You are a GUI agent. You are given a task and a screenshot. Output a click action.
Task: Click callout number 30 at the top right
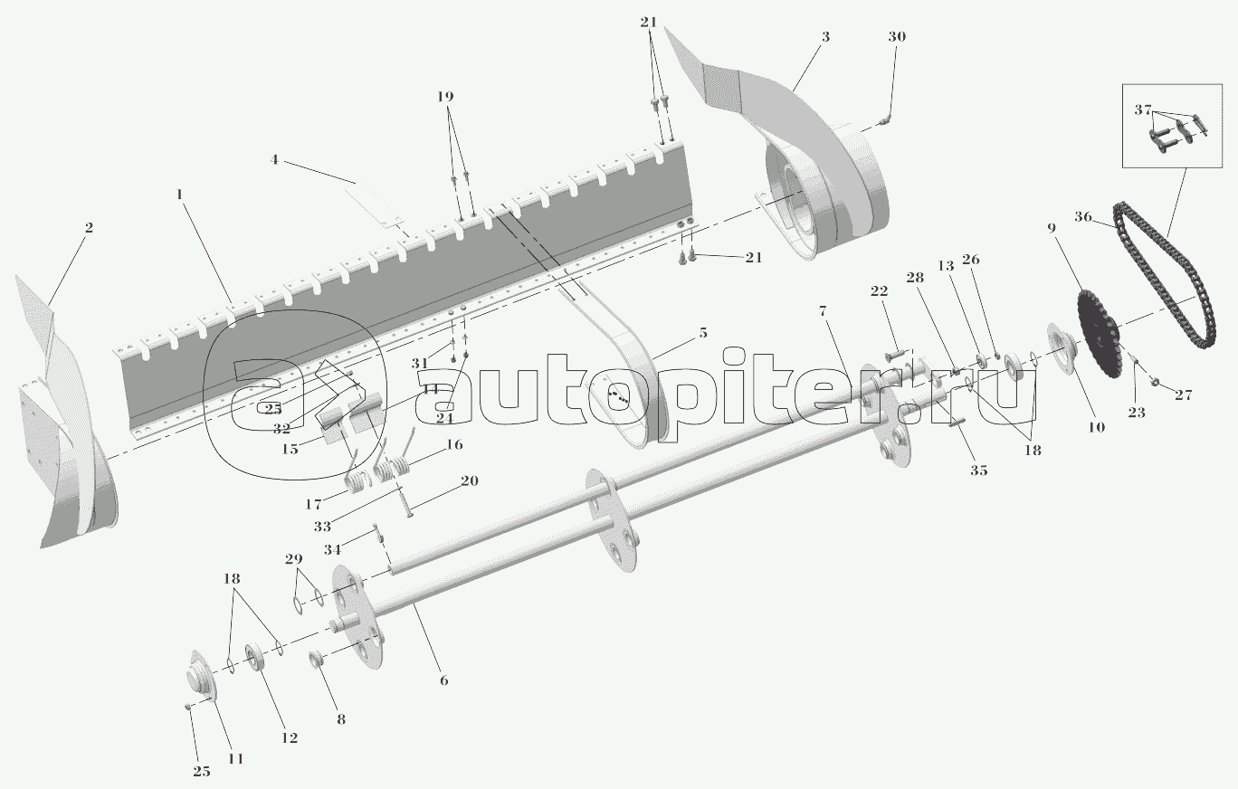coord(896,37)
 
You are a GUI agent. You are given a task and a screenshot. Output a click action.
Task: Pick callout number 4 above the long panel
coord(273,161)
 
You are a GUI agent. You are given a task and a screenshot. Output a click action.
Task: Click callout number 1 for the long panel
coord(179,195)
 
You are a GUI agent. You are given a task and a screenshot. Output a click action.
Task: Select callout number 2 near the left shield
coord(88,227)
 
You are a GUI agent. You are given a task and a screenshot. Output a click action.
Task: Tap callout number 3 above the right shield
coord(825,37)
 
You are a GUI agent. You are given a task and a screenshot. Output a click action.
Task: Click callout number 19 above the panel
coord(445,96)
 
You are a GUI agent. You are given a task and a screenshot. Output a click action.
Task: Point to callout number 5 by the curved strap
coord(702,333)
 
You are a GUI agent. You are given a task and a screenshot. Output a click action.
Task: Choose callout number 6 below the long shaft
coord(443,680)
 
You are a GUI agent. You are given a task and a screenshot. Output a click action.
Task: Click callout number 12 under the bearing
coord(289,737)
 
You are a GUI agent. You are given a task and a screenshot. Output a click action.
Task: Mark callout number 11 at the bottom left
coord(235,758)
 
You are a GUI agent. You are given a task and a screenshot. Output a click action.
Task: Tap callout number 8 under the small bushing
coord(340,719)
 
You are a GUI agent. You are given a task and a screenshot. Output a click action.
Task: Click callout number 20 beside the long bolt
coord(469,480)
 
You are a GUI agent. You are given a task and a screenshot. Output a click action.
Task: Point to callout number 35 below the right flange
coord(979,470)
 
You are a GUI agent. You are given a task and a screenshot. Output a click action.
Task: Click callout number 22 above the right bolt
coord(879,290)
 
